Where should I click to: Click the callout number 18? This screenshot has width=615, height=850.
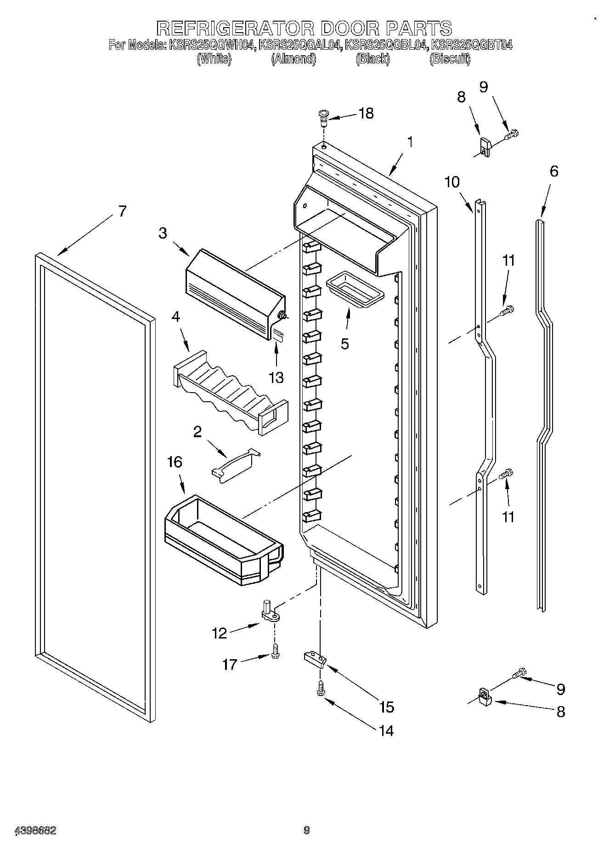pos(366,114)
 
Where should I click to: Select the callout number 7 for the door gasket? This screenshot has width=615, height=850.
pos(122,211)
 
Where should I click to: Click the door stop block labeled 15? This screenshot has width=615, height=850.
pos(315,659)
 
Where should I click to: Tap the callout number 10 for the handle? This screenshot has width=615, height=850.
pos(452,182)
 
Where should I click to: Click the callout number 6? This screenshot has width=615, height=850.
pos(554,171)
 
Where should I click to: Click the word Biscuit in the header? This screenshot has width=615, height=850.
pos(450,59)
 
